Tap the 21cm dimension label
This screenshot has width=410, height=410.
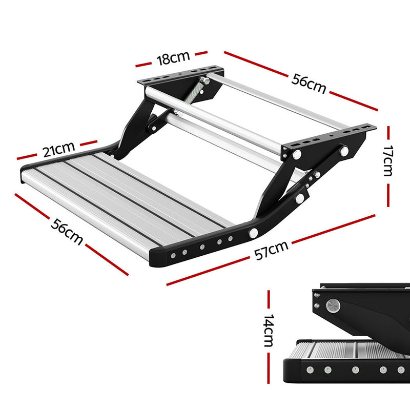(x=58, y=150)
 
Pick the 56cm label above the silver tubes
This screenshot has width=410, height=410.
(x=309, y=83)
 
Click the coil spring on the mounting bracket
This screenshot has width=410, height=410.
(x=196, y=92)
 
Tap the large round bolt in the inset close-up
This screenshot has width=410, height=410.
(x=333, y=306)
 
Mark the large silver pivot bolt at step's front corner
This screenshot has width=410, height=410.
(x=253, y=233)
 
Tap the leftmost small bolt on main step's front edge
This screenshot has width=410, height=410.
(x=173, y=255)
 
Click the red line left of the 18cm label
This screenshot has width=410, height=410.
(x=145, y=65)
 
